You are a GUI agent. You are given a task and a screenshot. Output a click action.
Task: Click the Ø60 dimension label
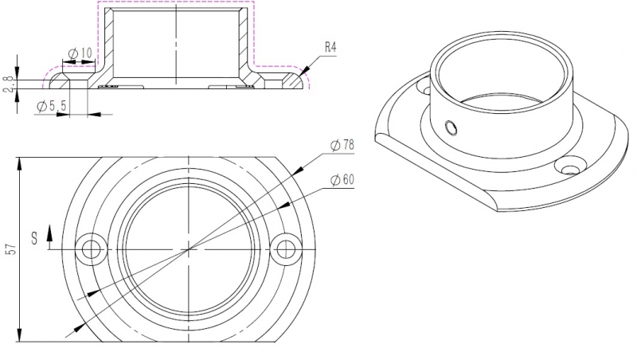point(342,180)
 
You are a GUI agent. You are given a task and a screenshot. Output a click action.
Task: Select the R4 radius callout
point(330,49)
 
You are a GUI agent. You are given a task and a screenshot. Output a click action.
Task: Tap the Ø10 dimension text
point(81,53)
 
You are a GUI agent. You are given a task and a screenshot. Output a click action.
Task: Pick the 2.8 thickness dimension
point(9,83)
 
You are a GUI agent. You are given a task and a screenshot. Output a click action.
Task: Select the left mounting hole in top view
point(92,249)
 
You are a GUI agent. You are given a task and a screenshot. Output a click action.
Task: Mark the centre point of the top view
point(188,249)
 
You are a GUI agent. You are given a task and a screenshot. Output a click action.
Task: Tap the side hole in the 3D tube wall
point(451,127)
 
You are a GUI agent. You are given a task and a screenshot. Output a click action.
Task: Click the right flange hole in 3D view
point(570,169)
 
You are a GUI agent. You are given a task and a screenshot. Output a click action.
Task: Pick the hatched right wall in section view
point(245,44)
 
